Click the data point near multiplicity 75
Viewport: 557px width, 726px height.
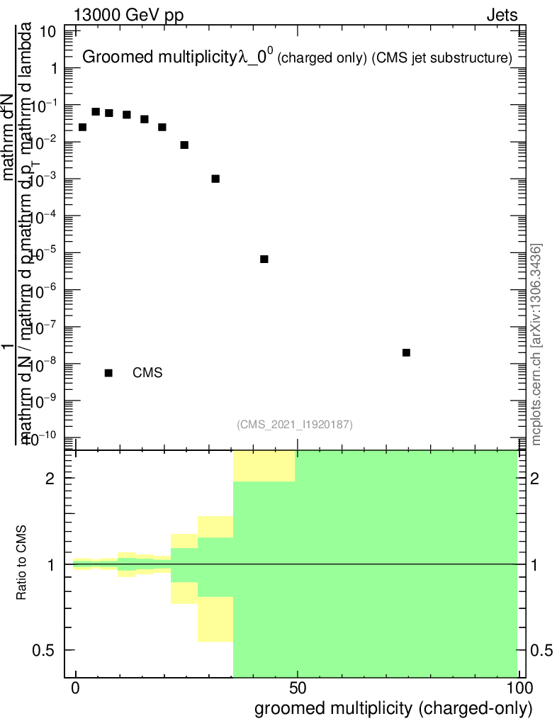406,352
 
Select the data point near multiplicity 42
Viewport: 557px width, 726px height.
264,259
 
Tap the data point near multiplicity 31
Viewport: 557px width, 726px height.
215,179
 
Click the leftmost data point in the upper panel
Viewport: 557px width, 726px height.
82,127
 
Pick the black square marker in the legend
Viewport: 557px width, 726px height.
108,373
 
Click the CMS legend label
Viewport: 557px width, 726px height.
147,373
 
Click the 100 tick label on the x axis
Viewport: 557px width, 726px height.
518,689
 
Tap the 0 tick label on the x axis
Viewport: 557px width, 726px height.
76,689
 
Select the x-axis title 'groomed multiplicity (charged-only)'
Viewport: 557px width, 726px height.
393,708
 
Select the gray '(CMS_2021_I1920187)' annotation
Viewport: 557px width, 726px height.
295,424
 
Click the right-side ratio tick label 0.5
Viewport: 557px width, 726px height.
542,650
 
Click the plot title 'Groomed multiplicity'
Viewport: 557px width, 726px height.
160,58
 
